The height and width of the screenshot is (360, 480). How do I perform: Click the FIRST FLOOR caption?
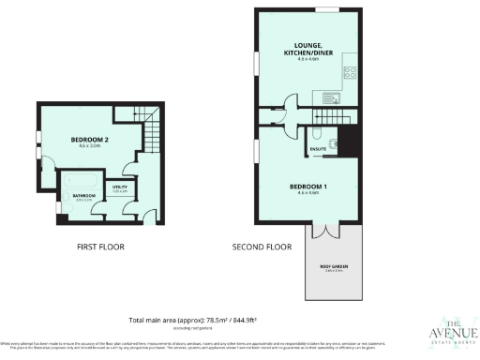click(x=99, y=247)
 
